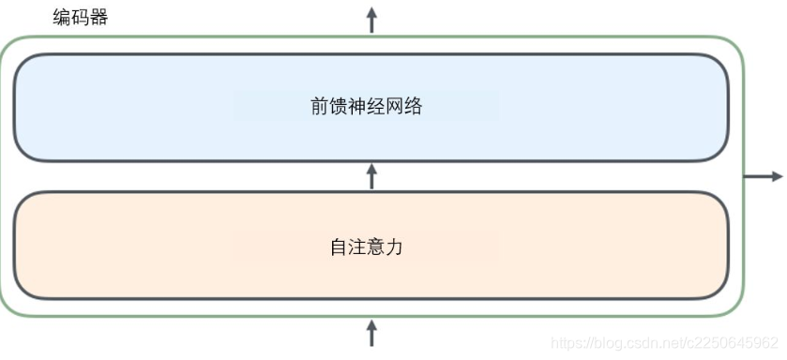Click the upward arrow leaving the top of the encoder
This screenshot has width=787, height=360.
point(371,19)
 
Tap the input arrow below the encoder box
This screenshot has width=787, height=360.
point(371,333)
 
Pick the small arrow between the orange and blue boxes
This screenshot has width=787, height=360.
point(371,175)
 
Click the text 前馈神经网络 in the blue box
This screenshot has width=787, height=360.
point(366,106)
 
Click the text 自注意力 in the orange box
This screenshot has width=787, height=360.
point(366,247)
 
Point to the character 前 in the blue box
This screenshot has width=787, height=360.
point(321,106)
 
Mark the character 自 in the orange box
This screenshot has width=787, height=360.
point(339,247)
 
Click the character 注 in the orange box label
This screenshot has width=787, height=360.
point(357,247)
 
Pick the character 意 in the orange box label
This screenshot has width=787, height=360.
point(376,247)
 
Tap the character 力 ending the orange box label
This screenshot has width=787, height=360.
point(395,247)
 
